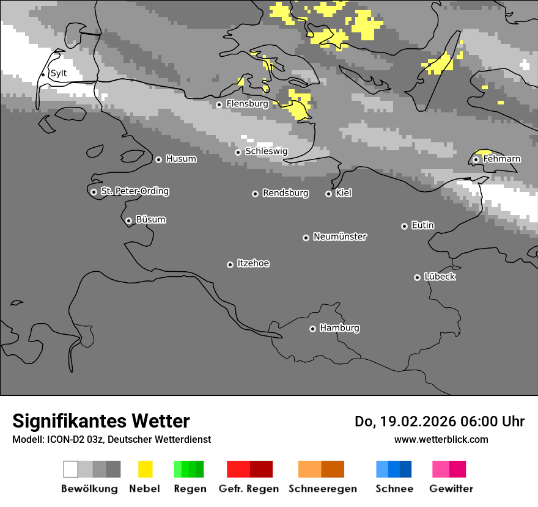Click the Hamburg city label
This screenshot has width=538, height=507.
coord(339,328)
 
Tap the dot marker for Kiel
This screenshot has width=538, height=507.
coord(328,194)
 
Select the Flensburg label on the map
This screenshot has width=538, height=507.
coord(247,104)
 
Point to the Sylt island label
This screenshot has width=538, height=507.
coord(59,74)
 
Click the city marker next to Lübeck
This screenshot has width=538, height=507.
coord(417,277)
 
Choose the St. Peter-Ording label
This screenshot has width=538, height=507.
coord(134,191)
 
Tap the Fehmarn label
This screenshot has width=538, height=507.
coord(501,159)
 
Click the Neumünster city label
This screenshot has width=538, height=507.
coord(340,236)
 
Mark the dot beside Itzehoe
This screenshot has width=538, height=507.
coord(230,264)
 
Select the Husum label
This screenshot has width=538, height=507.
coord(181,159)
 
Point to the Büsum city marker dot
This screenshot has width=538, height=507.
coord(128,221)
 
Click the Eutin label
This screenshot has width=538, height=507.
coord(422,225)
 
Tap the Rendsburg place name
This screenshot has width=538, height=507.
coord(286,193)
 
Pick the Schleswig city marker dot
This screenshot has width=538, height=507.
coord(238,152)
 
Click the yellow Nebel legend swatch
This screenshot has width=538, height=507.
coord(145,469)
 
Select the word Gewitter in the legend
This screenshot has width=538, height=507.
coord(451,489)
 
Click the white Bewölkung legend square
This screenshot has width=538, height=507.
coord(71,469)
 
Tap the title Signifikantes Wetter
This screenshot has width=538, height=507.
coord(101,421)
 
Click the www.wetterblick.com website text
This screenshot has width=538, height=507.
coord(441,439)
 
